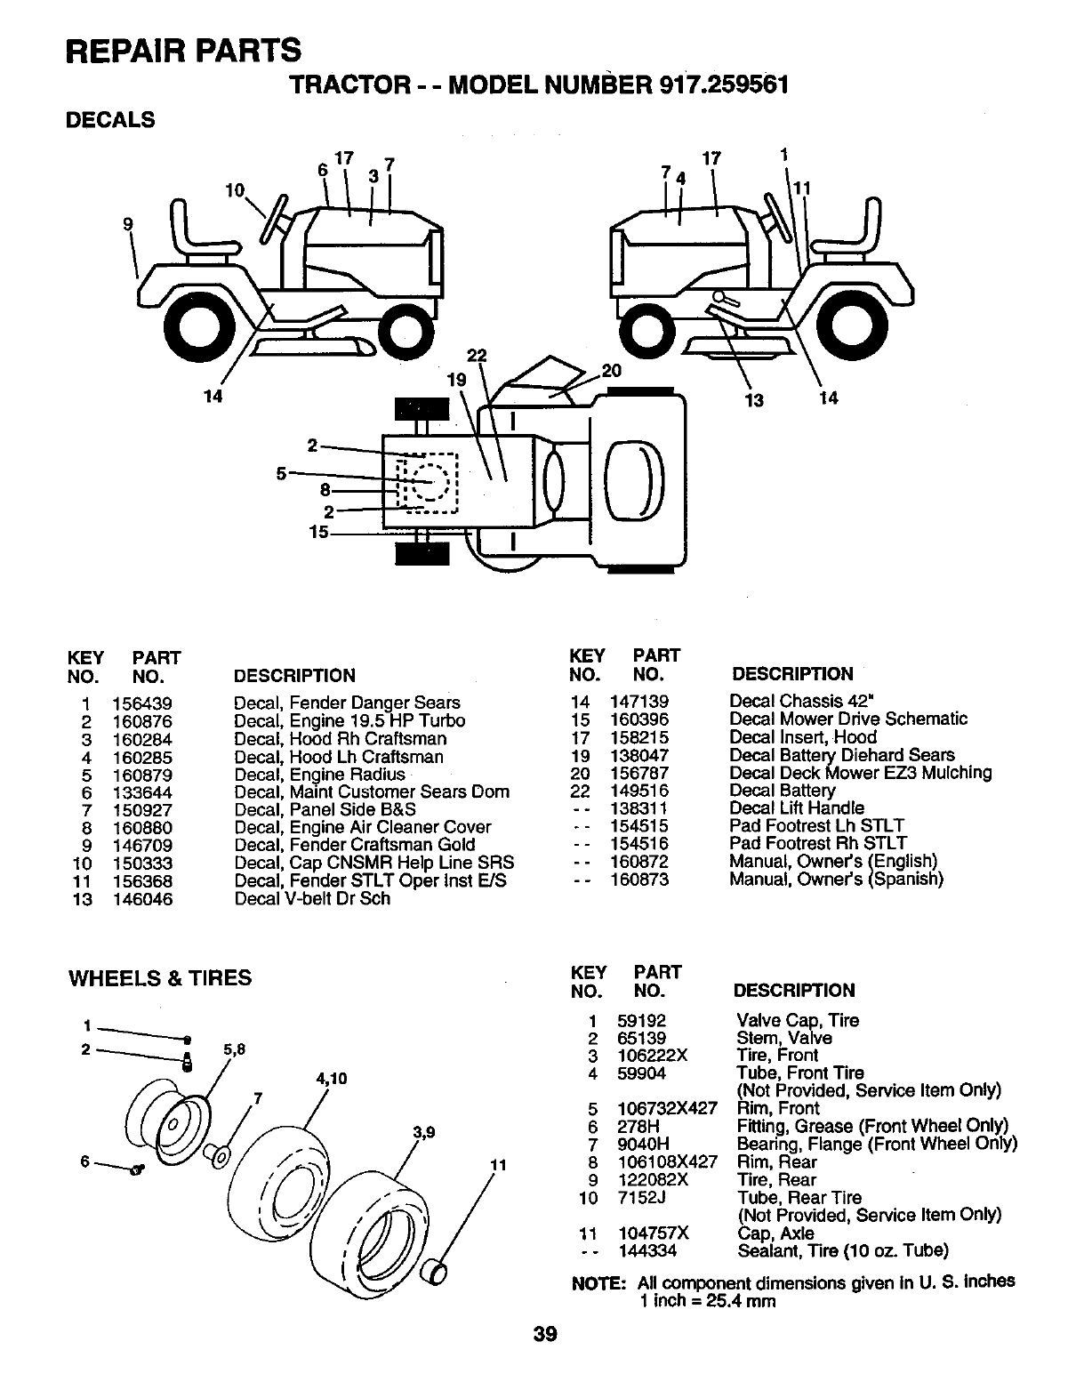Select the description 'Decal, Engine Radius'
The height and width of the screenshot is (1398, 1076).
coord(319,775)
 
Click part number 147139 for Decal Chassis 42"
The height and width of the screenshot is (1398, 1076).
coord(639,702)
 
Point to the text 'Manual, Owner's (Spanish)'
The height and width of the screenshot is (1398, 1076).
coord(836,879)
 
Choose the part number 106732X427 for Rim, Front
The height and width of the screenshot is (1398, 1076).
coord(666,1109)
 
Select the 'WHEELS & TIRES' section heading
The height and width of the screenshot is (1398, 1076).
coord(160,978)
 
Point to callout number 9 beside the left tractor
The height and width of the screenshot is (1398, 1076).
coord(128,225)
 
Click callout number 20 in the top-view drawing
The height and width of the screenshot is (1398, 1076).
coord(611,371)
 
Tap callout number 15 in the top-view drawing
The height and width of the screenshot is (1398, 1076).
coord(318,533)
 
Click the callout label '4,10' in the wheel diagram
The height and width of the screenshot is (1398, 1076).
coord(329,1081)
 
